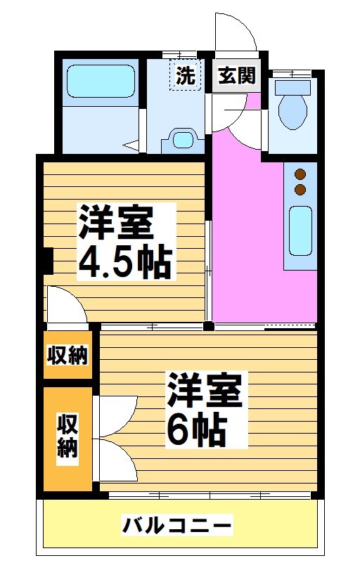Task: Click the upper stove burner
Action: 300,174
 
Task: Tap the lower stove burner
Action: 300,189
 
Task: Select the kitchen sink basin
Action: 300,232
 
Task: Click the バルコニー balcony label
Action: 177,524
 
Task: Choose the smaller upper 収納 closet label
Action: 67,356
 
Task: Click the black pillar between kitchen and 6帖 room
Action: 208,326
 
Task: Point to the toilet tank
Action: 292,87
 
